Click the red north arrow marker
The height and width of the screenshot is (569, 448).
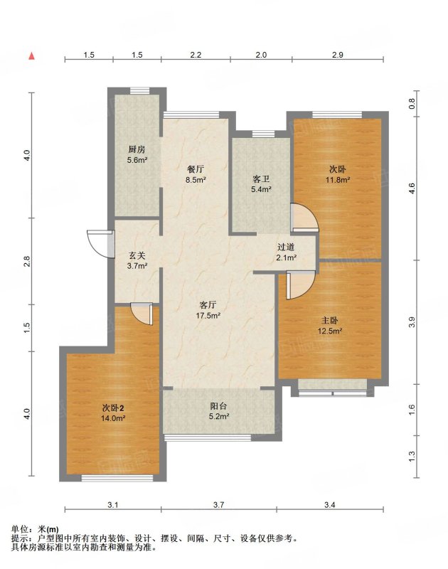point(32,55)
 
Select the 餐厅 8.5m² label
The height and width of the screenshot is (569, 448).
point(196,174)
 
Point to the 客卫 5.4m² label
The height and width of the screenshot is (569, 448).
point(261,184)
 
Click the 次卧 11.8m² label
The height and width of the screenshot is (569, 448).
point(337,174)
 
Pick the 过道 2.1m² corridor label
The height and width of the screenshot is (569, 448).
point(286,252)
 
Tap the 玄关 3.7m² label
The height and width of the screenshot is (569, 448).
point(137,260)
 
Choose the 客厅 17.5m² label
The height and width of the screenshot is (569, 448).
point(208,310)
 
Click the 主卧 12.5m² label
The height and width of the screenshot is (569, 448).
point(330,326)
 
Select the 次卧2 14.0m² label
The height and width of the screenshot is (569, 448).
point(113,413)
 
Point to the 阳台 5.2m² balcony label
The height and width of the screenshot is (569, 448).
point(218,411)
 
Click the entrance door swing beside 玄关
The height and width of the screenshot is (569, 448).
point(98,244)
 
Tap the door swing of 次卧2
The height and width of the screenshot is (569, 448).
point(142,314)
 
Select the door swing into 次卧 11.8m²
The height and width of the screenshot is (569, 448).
point(306,217)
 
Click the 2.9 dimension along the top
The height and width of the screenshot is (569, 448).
point(337,55)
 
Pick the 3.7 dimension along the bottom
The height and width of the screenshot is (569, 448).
point(218,505)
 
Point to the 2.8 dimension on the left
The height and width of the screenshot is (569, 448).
point(26,261)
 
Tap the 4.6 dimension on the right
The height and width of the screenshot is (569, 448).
point(411,188)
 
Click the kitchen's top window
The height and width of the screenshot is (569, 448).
point(140,91)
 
